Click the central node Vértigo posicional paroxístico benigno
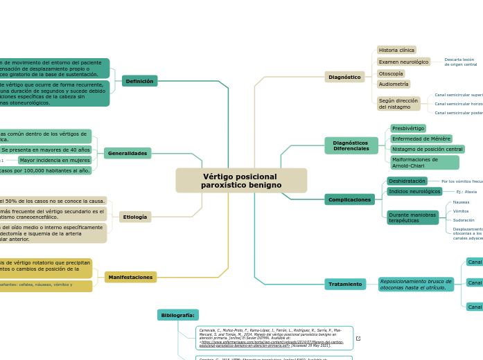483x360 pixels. (241, 181)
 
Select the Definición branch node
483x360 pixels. (139, 81)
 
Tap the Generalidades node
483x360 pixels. (128, 153)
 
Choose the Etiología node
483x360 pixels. (135, 217)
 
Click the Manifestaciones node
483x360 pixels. (130, 277)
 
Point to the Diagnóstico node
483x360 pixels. (344, 77)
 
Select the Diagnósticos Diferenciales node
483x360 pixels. (351, 145)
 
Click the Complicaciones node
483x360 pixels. (349, 199)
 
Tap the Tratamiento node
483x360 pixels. (345, 284)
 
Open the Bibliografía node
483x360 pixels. (177, 315)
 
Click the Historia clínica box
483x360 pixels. (396, 50)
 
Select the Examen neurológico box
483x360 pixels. (403, 62)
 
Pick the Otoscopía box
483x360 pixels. (391, 73)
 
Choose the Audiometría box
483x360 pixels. (394, 84)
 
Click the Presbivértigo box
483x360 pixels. (407, 128)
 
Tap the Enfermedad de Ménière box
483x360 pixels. (421, 138)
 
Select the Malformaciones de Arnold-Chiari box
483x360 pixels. (424, 162)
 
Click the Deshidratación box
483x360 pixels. (407, 181)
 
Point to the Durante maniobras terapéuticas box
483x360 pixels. (412, 217)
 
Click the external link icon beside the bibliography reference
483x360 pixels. (358, 339)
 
